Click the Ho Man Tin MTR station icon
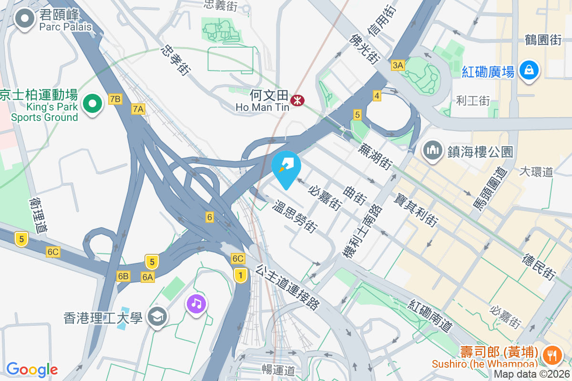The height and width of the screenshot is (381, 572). coord(298,100)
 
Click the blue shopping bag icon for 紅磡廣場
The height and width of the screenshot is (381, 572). coord(529,71)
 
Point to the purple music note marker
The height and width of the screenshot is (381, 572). coord(196,303)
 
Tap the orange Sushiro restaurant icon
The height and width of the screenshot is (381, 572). coord(552,354)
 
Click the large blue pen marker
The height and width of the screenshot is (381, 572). coord(286,167)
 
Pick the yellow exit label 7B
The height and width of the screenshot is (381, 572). coord(115,99)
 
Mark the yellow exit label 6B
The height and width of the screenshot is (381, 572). coord(123,276)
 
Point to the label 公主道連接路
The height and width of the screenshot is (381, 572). coord(287,287)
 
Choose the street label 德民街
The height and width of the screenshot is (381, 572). coord(539,266)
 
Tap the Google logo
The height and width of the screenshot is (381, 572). coord(32,370)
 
